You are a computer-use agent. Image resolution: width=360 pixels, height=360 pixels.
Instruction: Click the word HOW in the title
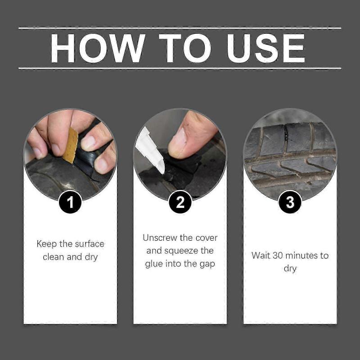click(x=97, y=48)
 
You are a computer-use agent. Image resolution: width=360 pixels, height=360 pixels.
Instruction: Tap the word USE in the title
click(x=266, y=48)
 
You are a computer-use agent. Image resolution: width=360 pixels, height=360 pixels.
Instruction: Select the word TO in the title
click(x=185, y=48)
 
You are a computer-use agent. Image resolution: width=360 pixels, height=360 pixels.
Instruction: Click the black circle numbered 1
click(x=70, y=202)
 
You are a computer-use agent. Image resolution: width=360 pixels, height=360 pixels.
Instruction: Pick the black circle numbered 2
click(x=180, y=202)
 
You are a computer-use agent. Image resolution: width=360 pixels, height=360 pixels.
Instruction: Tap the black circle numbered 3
click(x=290, y=202)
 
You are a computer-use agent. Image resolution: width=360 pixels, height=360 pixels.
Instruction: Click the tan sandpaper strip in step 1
click(x=70, y=145)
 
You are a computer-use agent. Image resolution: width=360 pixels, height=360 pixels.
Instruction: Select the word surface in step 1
click(x=89, y=244)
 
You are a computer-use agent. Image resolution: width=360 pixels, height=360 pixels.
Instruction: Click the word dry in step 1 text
click(x=91, y=257)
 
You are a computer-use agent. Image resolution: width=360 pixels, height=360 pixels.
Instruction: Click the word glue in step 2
click(x=154, y=264)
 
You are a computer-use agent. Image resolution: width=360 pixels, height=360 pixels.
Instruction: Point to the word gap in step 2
click(x=207, y=264)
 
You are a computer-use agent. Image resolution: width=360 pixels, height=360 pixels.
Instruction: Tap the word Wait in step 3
click(x=261, y=256)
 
